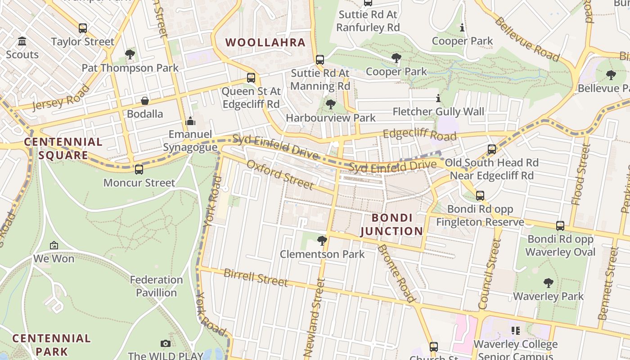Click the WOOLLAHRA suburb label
(265, 43)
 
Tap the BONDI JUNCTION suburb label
(392, 225)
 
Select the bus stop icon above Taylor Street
(83, 28)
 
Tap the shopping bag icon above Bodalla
(145, 100)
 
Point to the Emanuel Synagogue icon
(190, 121)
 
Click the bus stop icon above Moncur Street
(139, 170)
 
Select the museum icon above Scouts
(22, 42)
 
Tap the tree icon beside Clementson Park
(322, 241)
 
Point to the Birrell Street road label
(256, 277)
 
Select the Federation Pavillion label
(157, 286)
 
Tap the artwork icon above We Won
(54, 246)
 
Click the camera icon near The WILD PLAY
(166, 344)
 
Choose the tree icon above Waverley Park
(548, 283)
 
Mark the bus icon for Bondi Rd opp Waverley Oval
(560, 226)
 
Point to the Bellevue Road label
(527, 40)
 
